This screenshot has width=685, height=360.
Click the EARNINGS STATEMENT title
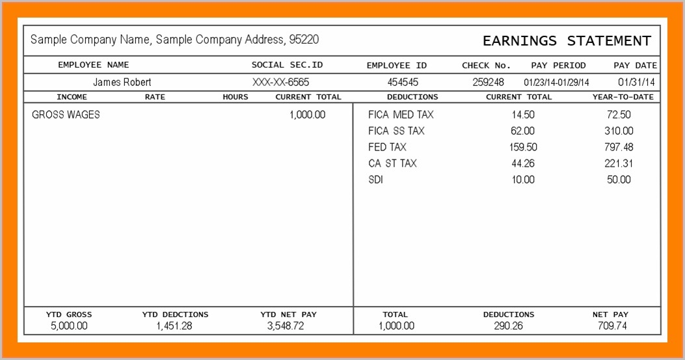[x=567, y=41]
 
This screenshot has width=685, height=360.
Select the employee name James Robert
[x=122, y=82]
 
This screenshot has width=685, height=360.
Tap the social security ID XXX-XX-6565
[x=281, y=82]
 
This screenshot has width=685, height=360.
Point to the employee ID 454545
[x=403, y=82]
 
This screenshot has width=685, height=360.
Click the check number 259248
[x=488, y=82]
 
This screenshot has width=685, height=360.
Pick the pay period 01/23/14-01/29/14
[x=556, y=82]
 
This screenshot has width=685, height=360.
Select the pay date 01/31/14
[x=636, y=82]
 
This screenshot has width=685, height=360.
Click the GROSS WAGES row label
[x=66, y=115]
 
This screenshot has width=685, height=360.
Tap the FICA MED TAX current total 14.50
[x=523, y=115]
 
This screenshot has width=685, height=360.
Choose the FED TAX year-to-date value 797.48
[x=618, y=147]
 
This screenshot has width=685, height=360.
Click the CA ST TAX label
[x=392, y=163]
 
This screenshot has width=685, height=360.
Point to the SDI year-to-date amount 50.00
[x=619, y=180]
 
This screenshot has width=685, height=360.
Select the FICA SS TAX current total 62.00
[x=522, y=131]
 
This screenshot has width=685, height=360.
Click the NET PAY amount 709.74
[x=612, y=325]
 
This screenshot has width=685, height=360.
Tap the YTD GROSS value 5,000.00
[x=69, y=325]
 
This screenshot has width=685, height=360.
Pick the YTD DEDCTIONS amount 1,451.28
[x=174, y=325]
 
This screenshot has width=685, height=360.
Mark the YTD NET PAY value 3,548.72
[x=286, y=325]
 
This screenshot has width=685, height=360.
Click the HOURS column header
[x=235, y=97]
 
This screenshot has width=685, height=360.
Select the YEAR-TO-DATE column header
[x=623, y=97]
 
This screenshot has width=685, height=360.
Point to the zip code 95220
[x=304, y=40]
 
